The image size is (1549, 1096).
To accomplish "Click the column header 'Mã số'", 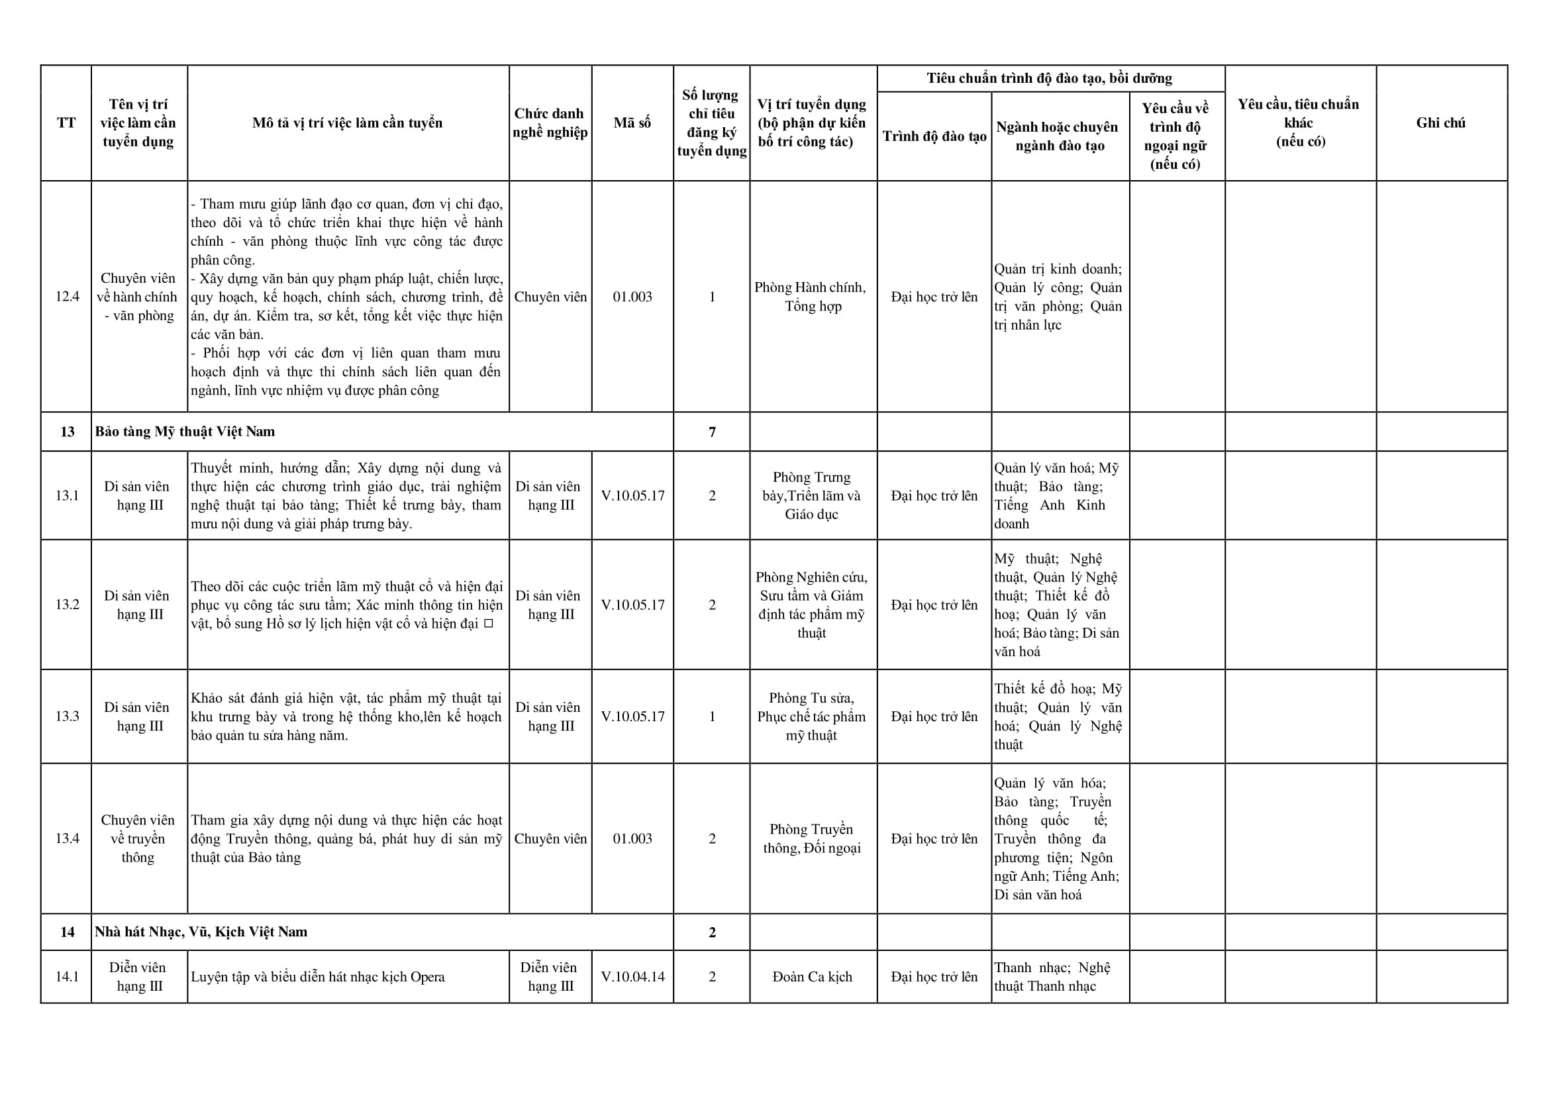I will (x=632, y=123).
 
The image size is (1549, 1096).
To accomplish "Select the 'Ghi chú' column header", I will (x=1440, y=123).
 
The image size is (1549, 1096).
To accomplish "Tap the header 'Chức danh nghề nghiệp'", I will (x=550, y=123).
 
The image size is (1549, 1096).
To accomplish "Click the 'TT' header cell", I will (x=66, y=123).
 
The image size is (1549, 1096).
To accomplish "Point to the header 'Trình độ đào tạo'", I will (x=934, y=136).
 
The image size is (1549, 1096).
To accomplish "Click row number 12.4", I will (x=67, y=297).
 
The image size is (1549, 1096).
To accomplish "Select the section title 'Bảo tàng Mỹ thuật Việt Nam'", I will (x=185, y=432).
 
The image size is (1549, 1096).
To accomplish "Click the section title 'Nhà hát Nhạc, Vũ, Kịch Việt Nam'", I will (x=201, y=932).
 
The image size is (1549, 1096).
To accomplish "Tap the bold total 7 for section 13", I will (x=711, y=432).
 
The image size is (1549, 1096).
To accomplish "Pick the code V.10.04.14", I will (x=632, y=977).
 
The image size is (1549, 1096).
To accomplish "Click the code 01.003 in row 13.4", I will (x=632, y=839).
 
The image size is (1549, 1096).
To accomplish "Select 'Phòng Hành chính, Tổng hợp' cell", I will (x=812, y=297).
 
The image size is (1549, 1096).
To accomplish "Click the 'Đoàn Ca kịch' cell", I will (x=812, y=977).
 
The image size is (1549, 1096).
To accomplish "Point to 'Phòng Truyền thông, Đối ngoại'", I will (x=812, y=839).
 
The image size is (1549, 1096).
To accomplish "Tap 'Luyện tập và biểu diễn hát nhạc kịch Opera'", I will (x=318, y=977).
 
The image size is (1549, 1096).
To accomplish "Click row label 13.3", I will (x=67, y=716).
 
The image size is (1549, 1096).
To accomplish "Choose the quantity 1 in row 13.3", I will (x=711, y=716).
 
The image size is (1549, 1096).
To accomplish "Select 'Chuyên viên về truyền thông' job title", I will (x=138, y=839).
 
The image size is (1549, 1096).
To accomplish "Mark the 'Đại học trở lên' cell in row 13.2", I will (x=934, y=605).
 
